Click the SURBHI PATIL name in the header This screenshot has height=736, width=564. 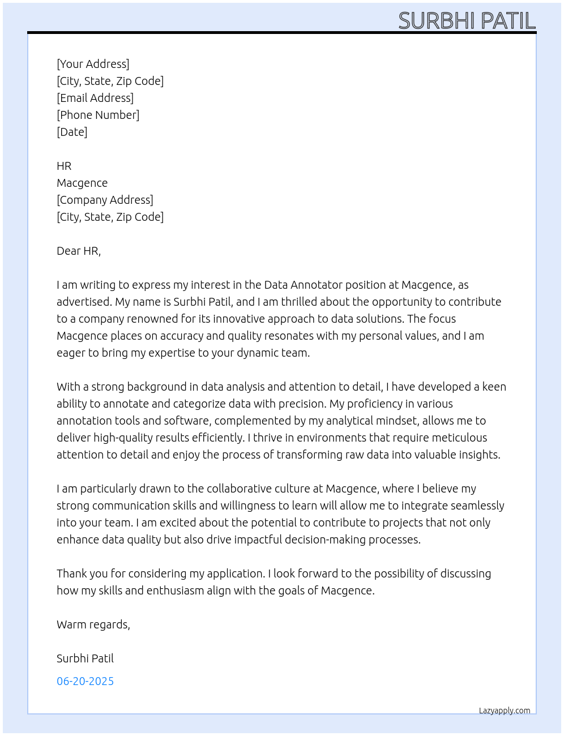467,21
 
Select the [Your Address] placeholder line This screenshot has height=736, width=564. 93,64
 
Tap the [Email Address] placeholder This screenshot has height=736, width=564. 95,98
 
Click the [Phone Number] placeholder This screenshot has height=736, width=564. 98,115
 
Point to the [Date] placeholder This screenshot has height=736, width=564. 72,132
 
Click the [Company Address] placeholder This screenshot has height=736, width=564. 105,200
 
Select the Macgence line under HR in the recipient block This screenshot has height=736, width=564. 82,183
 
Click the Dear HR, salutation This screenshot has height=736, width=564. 79,251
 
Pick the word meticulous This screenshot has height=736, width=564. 459,438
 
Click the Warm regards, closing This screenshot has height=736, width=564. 93,624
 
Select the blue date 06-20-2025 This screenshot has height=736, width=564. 85,681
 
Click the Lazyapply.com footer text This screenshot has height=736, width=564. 505,711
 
